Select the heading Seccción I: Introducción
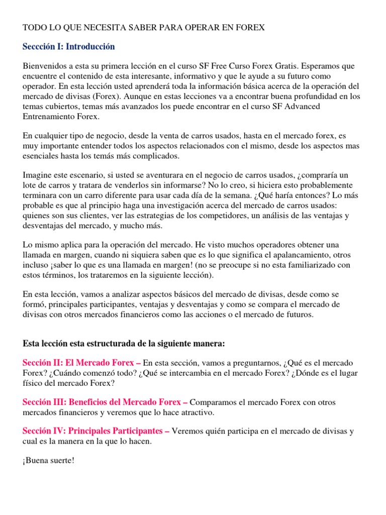(69, 47)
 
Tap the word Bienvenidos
(44, 66)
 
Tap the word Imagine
(37, 175)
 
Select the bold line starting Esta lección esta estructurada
(124, 344)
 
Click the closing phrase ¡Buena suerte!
(49, 460)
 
